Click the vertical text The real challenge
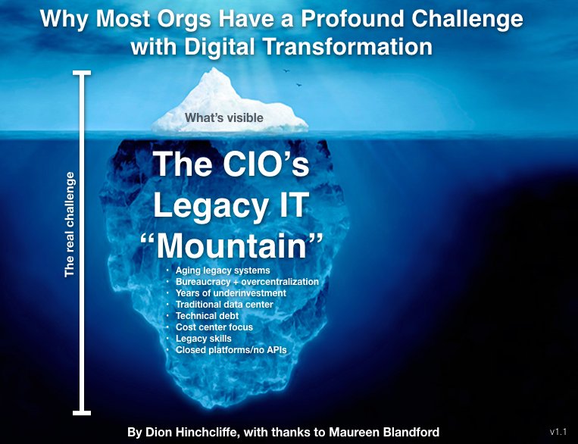pos(70,224)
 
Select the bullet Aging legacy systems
pos(222,270)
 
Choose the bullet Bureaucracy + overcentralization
pos(247,282)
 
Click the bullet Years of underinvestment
pos(230,292)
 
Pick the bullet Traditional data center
pos(224,304)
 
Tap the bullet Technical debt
pos(207,316)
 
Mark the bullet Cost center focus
pos(214,327)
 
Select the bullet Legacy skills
pos(204,339)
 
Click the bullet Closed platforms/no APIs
pos(231,350)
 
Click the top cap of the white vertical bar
pos(81,73)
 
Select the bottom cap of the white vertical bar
pos(81,412)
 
